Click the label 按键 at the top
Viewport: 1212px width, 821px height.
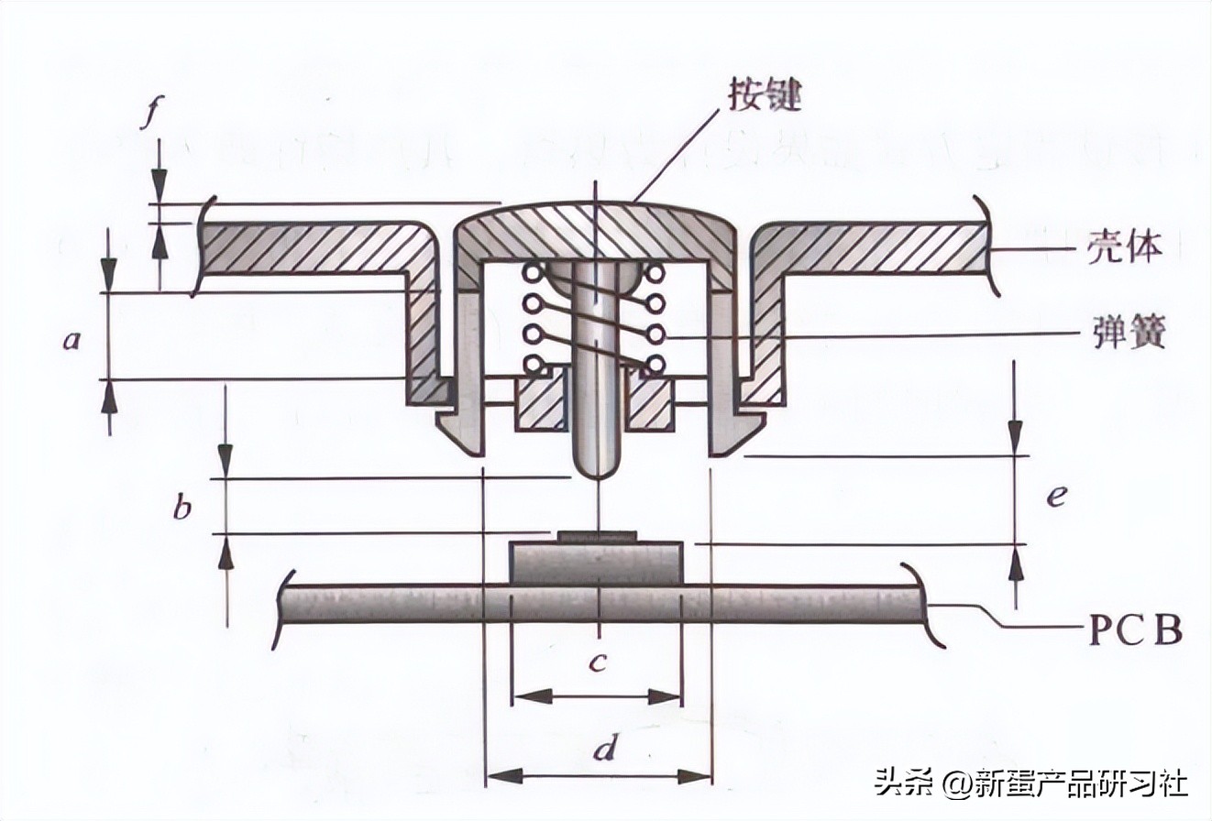click(x=765, y=94)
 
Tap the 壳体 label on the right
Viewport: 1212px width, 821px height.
click(x=1125, y=247)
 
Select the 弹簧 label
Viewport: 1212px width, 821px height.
click(x=1129, y=333)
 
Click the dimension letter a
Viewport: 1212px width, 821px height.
click(x=72, y=341)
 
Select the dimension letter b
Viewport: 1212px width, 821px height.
click(x=182, y=507)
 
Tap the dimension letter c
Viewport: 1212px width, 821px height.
click(x=598, y=662)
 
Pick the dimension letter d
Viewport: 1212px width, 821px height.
click(x=602, y=750)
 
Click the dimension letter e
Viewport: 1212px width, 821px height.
click(x=1056, y=496)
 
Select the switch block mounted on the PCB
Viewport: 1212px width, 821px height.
click(x=596, y=563)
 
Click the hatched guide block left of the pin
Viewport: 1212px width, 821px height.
click(x=540, y=403)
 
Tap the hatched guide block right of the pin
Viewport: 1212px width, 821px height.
click(x=650, y=403)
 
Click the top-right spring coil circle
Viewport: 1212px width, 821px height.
click(x=655, y=272)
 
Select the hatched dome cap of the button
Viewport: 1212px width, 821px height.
click(x=596, y=229)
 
